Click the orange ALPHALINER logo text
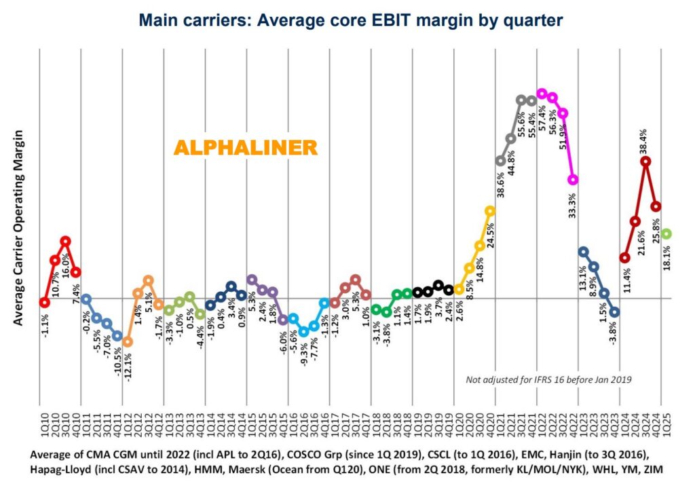pos(245,147)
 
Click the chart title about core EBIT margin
pos(351,20)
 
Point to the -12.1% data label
pos(128,364)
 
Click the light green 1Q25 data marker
pos(666,233)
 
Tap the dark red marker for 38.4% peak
pos(645,162)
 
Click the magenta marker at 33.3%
pos(573,180)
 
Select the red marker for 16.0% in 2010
pos(65,240)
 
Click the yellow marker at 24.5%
pos(490,210)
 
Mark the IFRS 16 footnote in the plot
pos(548,380)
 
